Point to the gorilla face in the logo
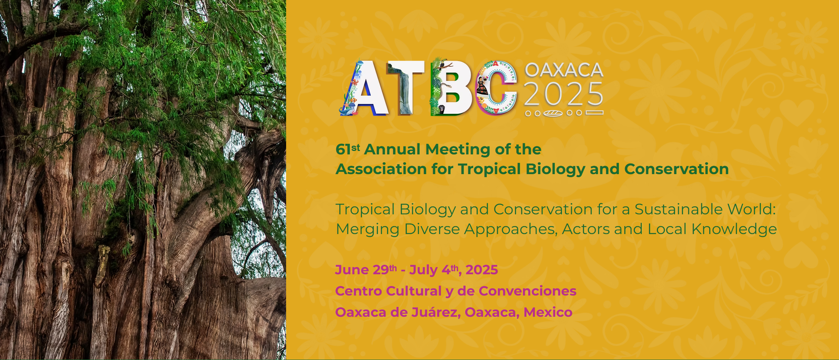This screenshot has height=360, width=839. [442, 110]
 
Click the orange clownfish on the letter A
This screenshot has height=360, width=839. [353, 100]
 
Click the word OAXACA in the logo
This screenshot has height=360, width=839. [564, 70]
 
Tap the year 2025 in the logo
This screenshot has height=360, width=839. [564, 94]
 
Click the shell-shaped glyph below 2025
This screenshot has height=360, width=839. [553, 113]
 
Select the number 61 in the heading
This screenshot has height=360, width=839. [343, 149]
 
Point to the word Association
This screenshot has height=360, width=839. [381, 169]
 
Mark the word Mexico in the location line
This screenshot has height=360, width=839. [548, 312]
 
